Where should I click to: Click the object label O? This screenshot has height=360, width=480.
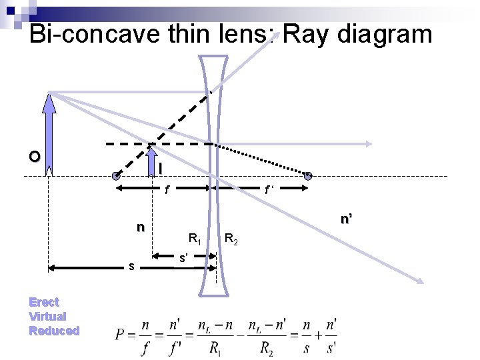[x=34, y=157]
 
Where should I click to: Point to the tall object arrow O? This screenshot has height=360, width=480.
[x=48, y=133]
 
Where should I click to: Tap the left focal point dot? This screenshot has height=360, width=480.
[x=117, y=177]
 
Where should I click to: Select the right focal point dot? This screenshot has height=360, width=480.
[x=308, y=177]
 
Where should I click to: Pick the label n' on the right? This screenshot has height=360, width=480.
[x=346, y=218]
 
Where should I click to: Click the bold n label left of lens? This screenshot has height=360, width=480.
[x=140, y=227]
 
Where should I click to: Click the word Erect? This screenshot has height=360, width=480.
[x=44, y=302]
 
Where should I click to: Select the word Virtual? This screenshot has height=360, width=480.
[x=47, y=316]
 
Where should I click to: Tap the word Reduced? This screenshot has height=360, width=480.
[x=54, y=331]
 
